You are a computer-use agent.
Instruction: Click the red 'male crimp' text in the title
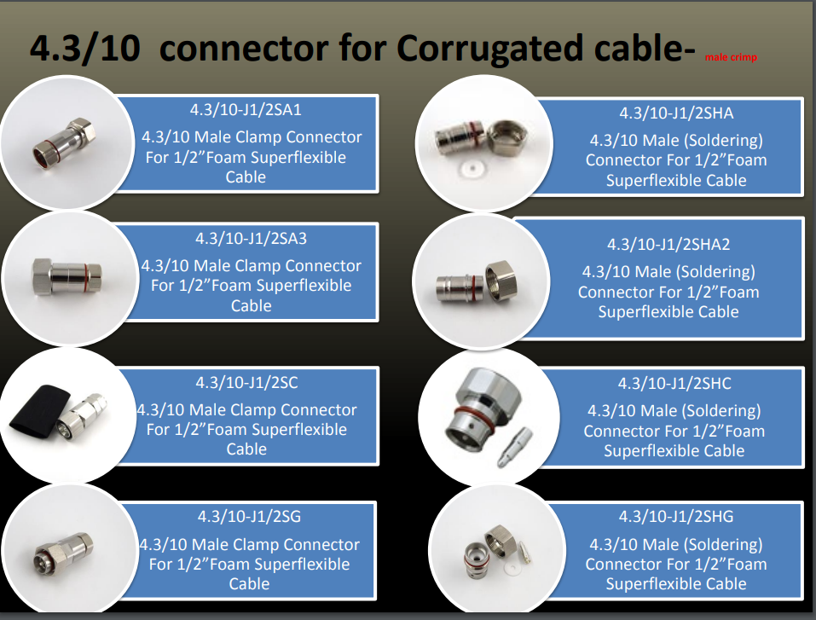coord(731,58)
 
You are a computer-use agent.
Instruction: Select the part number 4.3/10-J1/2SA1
coord(246,110)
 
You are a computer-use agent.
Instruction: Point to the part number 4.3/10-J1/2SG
coord(249,517)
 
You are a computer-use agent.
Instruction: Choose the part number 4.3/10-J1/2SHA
coord(675,113)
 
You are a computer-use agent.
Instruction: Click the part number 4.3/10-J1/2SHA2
coord(668,245)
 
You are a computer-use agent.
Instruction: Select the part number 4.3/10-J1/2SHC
coord(674,384)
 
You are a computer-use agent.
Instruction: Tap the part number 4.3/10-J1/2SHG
coord(675,517)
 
